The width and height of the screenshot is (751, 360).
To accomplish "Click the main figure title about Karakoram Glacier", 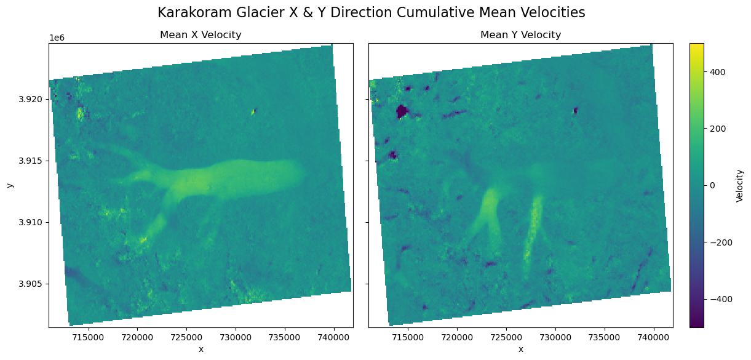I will [371, 12].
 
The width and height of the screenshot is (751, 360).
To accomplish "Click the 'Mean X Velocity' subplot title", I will [201, 35].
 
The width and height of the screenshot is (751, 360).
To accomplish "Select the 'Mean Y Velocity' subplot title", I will [520, 35].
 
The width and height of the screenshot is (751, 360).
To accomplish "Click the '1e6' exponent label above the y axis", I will [57, 38].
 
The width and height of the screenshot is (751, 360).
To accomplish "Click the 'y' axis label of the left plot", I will [9, 185].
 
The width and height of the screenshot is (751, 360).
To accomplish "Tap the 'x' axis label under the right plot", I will [520, 350].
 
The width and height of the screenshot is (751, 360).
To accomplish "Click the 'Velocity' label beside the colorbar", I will [740, 185].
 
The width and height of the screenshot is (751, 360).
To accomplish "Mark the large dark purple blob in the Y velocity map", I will [402, 111].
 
